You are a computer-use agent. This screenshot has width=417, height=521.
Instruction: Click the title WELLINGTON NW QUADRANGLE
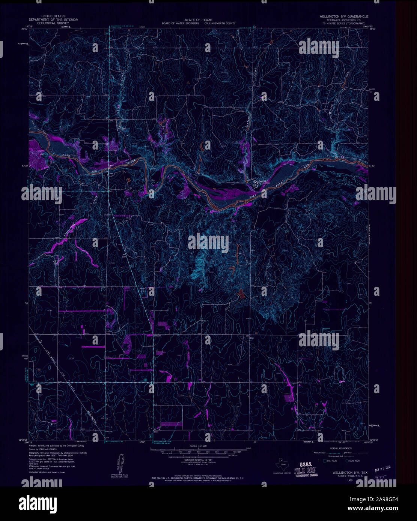click(x=343, y=17)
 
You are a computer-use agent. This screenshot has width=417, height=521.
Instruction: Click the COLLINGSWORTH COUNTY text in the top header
click(x=220, y=23)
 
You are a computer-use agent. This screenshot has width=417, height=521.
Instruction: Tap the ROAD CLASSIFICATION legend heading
click(x=341, y=449)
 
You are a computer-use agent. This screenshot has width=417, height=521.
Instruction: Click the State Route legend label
click(x=354, y=461)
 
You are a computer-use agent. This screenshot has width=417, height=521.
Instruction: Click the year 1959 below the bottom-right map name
click(x=350, y=479)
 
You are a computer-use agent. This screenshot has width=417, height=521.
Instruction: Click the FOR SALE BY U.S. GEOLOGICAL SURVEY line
click(x=198, y=478)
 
